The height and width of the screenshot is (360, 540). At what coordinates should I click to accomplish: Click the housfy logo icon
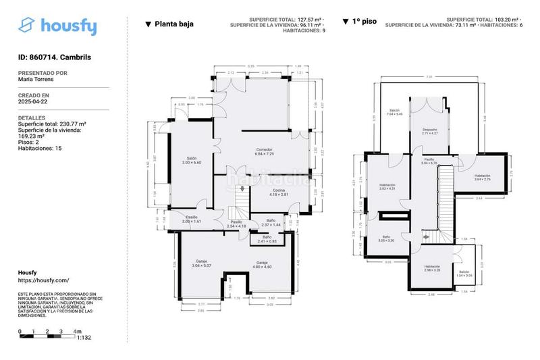(x=26, y=26)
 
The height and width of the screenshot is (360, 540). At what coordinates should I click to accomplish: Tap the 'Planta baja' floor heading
(x=174, y=24)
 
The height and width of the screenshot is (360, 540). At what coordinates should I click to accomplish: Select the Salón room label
(x=192, y=160)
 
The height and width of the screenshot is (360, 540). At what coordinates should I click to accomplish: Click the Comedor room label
(x=265, y=151)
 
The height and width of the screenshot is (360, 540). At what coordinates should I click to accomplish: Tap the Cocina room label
(x=278, y=192)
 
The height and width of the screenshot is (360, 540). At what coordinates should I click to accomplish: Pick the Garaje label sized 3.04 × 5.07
(x=201, y=263)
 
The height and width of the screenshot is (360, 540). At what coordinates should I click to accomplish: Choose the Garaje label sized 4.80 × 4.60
(x=262, y=264)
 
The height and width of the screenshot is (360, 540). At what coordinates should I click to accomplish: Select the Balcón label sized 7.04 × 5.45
(x=395, y=112)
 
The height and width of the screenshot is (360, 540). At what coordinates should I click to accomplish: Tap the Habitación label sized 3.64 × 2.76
(x=482, y=177)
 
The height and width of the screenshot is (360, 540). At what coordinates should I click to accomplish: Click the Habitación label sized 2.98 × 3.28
(x=432, y=268)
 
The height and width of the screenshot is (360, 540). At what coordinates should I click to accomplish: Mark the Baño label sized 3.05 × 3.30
(x=387, y=238)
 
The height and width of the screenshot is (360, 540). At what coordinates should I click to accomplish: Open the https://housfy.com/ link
(x=43, y=280)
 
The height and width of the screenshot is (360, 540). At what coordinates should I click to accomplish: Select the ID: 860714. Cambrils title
(x=54, y=57)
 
